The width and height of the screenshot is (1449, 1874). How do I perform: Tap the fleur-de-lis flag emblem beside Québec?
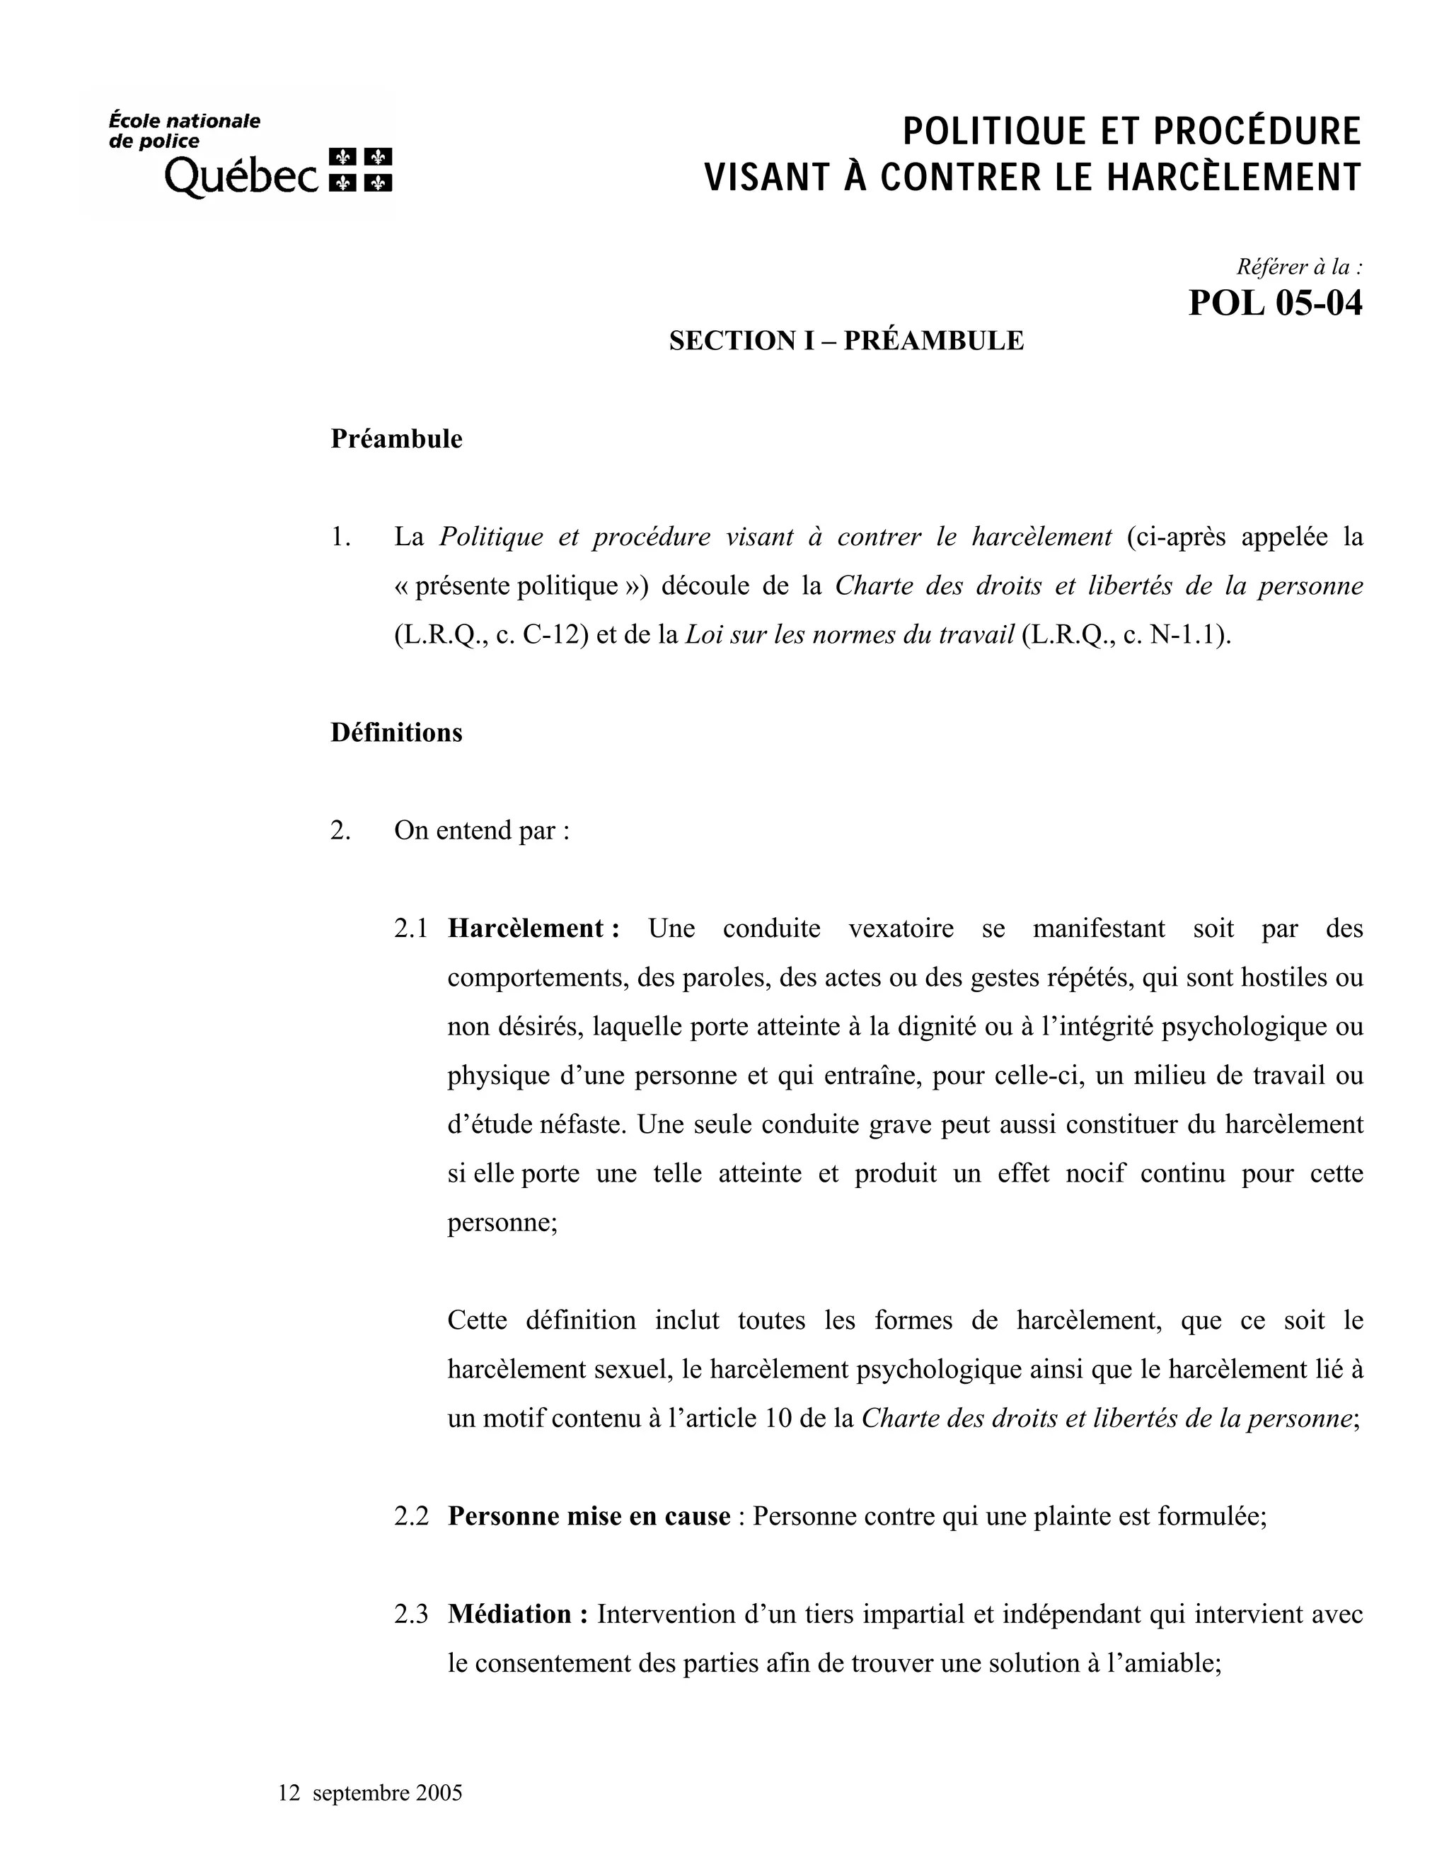pyautogui.click(x=362, y=169)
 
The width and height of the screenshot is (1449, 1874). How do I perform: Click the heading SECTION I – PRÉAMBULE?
pyautogui.click(x=845, y=341)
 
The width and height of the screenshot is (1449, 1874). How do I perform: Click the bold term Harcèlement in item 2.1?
pyautogui.click(x=527, y=929)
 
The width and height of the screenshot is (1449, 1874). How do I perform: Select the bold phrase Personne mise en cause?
pyautogui.click(x=589, y=1517)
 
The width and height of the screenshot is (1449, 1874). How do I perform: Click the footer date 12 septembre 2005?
pyautogui.click(x=370, y=1793)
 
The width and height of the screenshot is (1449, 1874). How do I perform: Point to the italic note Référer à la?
pyautogui.click(x=1297, y=267)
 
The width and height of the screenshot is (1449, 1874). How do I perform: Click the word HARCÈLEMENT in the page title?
pyautogui.click(x=1233, y=177)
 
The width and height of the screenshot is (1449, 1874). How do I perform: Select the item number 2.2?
pyautogui.click(x=411, y=1517)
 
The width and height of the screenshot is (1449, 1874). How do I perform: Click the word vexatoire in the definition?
pyautogui.click(x=901, y=929)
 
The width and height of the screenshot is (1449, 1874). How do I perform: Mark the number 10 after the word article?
pyautogui.click(x=778, y=1419)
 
